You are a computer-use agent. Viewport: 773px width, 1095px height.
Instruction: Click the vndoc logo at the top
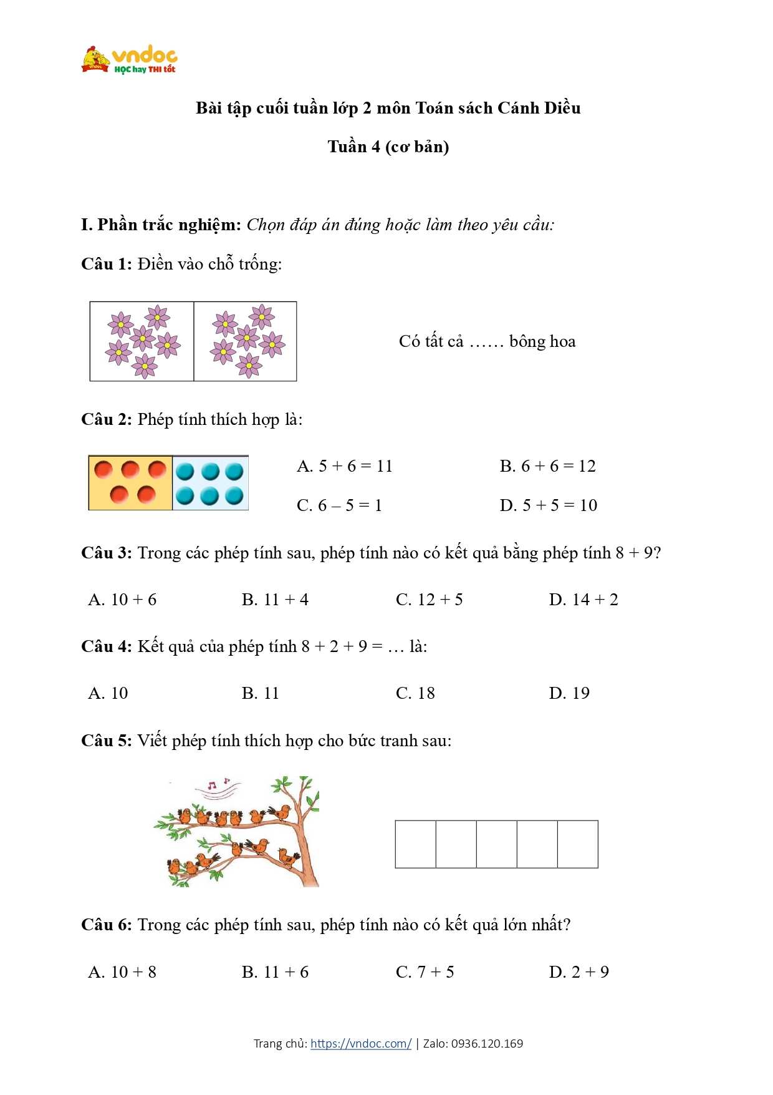point(130,60)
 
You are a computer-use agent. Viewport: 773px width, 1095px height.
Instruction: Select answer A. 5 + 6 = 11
point(345,466)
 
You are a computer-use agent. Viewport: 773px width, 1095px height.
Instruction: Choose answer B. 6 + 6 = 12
point(547,466)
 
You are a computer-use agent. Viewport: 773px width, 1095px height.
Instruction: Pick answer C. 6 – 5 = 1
point(339,505)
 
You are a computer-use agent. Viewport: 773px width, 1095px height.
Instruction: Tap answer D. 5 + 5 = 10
point(548,505)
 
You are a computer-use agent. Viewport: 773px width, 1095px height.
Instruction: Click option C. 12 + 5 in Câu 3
point(429,600)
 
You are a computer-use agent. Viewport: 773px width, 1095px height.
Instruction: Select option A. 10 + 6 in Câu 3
point(122,600)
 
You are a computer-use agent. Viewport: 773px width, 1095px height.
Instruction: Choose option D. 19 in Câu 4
point(569,693)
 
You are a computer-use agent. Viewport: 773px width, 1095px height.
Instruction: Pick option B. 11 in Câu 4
point(260,693)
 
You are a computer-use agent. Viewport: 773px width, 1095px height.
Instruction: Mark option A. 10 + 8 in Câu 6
point(122,972)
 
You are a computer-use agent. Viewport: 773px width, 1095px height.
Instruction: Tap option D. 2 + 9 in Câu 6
point(579,972)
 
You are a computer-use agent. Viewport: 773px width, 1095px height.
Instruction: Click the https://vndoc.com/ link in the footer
point(361,1044)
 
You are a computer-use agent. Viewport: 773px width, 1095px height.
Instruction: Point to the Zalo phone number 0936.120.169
point(487,1044)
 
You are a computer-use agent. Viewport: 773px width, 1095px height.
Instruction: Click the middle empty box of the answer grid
point(496,844)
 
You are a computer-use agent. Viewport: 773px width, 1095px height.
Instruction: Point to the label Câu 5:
point(106,741)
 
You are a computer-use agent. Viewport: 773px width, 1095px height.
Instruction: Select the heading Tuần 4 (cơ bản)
point(388,147)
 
